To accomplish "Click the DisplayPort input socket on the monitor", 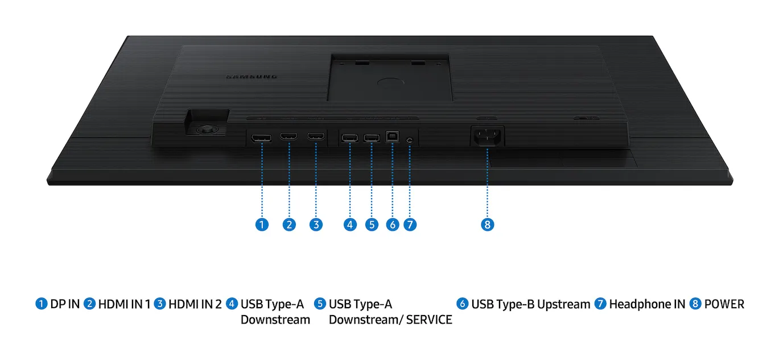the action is coord(261,138).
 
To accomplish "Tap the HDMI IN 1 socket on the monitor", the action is coord(288,136).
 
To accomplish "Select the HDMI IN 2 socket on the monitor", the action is coord(316,136).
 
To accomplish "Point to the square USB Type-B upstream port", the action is coord(392,136).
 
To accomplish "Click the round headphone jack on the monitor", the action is coord(409,140).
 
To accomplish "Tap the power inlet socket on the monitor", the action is coord(487,136).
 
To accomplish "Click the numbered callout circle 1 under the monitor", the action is coord(262,225).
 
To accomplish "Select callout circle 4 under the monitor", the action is coord(350,225).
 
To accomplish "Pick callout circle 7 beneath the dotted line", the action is coord(410,225).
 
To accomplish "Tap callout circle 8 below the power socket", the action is coord(487,225).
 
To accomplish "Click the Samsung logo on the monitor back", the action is coord(252,76).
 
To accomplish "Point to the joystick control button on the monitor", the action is coord(207,130).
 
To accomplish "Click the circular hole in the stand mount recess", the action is coord(390,82).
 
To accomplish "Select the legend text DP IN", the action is coord(65,304).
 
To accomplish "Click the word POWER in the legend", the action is coord(724,304).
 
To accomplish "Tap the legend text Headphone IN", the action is coord(647,304).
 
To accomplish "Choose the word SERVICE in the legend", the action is coord(429,320).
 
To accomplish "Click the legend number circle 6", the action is coord(462,304).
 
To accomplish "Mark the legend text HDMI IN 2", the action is coord(195,304).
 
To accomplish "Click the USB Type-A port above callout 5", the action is coord(372,138).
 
